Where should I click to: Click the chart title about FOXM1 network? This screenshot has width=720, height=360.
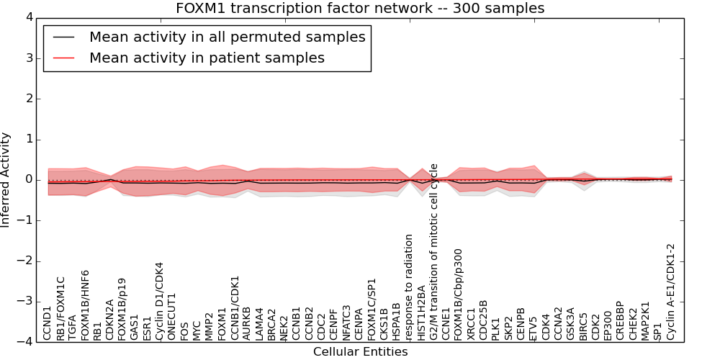coord(360,8)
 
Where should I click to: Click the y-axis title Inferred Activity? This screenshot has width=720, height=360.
coord(5,180)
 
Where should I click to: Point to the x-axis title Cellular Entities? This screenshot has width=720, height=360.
coord(361,352)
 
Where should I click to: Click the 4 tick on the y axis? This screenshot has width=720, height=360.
coord(30,18)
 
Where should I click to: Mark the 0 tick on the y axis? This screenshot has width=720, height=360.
coord(30,180)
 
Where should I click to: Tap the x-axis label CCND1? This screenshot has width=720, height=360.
coord(47,324)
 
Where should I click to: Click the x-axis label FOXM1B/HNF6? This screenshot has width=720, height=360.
coord(84,305)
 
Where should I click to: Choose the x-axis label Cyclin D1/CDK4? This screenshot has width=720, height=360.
coord(159,301)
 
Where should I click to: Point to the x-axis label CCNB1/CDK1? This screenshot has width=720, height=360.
coord(235,308)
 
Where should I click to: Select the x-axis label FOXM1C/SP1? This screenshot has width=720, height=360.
coord(372,309)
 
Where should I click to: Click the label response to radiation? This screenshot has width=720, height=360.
coord(409,287)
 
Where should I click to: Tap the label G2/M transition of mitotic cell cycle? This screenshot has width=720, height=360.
coord(434,252)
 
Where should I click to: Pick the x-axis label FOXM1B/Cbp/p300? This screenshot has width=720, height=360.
coord(459,294)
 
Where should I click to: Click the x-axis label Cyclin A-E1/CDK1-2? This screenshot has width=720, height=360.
coord(671,292)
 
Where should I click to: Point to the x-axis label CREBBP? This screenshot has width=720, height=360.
coord(621,320)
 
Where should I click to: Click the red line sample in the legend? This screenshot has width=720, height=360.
coord(63,58)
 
